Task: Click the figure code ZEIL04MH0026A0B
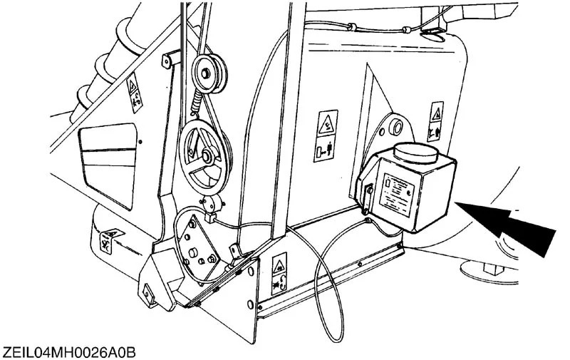pos(68,351)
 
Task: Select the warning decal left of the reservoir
pos(325,135)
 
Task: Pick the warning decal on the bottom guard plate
pos(279,275)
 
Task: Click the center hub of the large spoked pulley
pos(204,155)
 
